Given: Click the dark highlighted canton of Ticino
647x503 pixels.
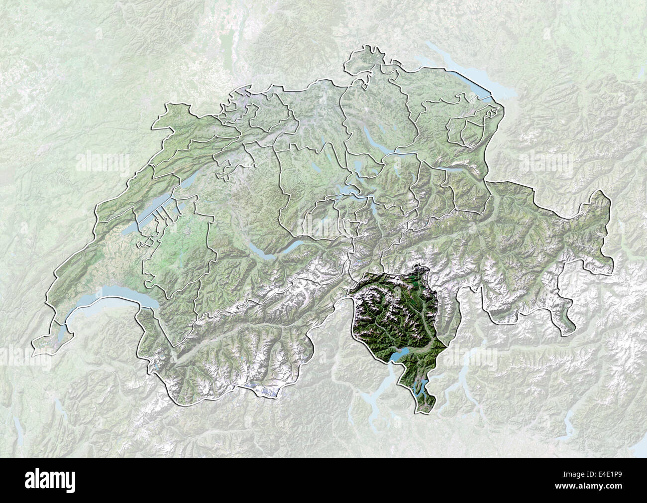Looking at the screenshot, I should (x=393, y=319).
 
